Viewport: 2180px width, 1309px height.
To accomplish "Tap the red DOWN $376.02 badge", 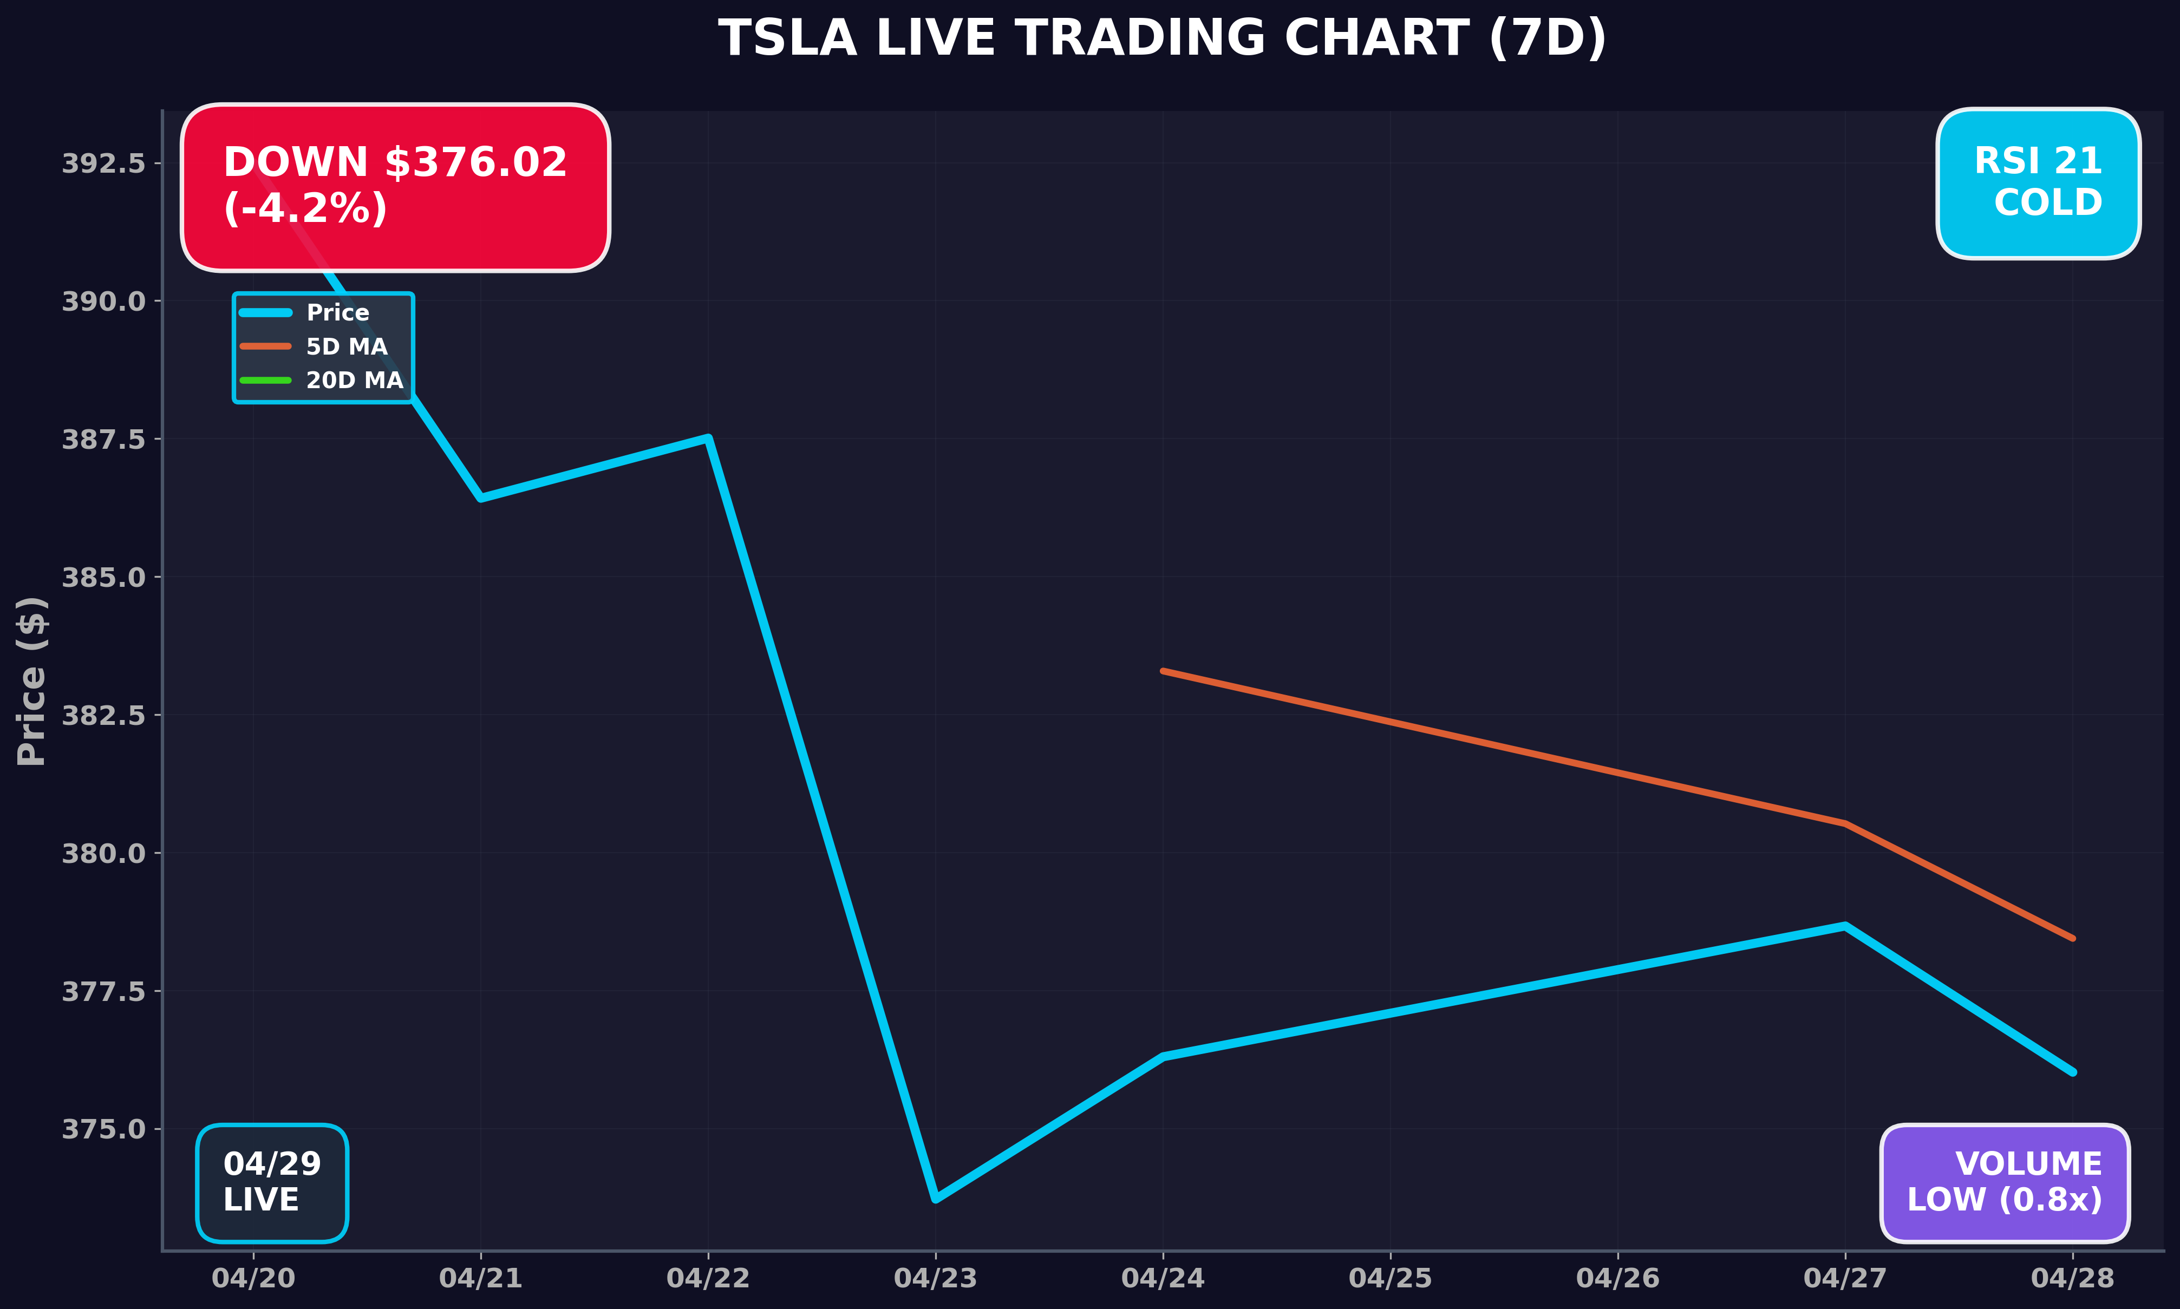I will tap(395, 186).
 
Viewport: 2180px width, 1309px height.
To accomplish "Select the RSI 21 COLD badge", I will tap(2038, 182).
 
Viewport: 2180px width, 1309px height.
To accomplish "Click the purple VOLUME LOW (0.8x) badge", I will tap(2005, 1182).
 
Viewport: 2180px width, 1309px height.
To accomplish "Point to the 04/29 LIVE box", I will tap(272, 1182).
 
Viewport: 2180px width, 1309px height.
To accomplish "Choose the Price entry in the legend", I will tap(337, 313).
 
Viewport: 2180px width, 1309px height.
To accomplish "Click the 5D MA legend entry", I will tap(346, 346).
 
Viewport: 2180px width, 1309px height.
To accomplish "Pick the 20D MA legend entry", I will tap(354, 380).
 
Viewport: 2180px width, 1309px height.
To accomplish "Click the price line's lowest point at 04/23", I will tap(935, 1199).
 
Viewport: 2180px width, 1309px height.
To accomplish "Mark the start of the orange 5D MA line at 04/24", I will tap(1163, 671).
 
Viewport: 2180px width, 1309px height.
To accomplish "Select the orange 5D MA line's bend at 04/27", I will tap(1845, 823).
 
